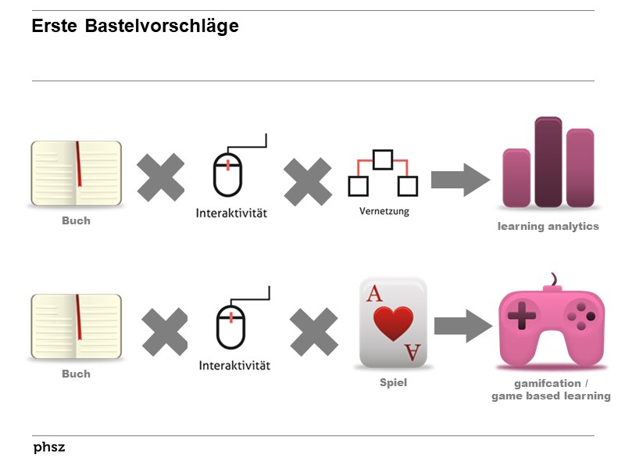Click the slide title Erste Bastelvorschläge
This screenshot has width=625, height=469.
[134, 27]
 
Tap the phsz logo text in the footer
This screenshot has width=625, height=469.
[48, 448]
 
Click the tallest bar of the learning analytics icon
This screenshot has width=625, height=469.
[548, 162]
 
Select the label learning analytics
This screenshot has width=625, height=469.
[548, 227]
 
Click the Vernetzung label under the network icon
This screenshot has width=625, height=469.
[384, 211]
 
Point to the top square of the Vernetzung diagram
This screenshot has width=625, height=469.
[382, 159]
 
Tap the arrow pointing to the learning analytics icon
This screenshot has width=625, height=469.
[460, 179]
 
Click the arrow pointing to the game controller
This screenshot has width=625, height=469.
[461, 325]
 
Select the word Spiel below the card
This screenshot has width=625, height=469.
[393, 383]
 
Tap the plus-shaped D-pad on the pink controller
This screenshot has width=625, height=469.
[522, 317]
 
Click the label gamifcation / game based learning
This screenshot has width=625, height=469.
[551, 390]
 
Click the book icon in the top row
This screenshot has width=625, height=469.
[77, 174]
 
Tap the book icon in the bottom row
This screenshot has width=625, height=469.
[77, 327]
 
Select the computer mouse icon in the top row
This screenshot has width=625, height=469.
[227, 174]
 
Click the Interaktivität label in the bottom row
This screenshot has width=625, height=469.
[234, 365]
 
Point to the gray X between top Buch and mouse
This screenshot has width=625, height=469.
[161, 177]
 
